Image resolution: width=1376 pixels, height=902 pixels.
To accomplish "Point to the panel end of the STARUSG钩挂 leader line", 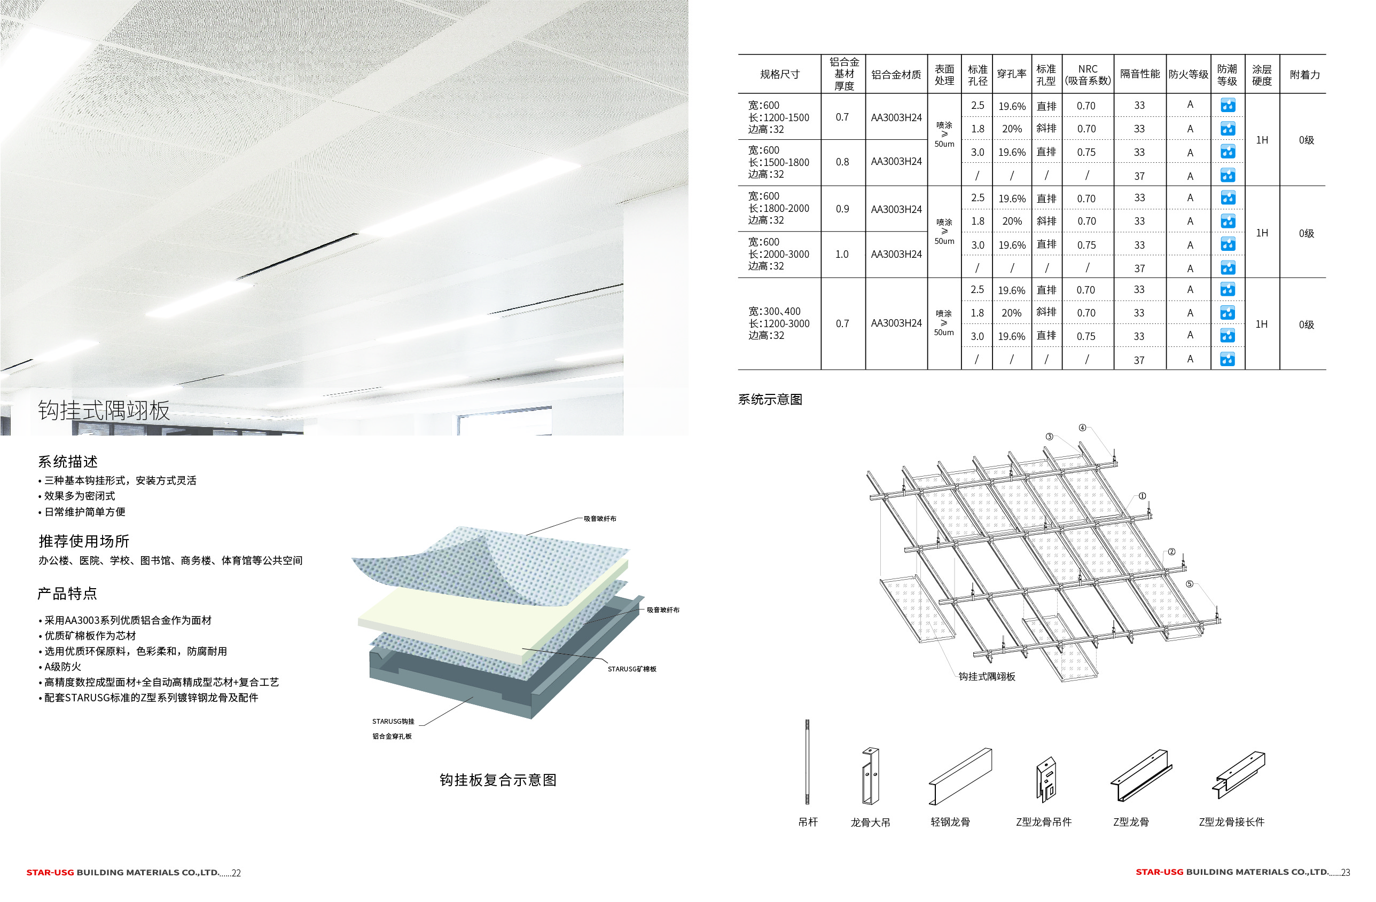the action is pos(472,698).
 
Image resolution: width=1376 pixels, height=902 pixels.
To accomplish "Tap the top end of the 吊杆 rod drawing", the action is pos(807,721).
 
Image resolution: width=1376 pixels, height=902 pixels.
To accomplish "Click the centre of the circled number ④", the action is pos(1082,428).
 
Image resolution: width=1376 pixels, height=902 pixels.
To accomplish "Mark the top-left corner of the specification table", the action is pos(738,55).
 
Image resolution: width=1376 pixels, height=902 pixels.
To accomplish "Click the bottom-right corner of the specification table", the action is pos(1326,370).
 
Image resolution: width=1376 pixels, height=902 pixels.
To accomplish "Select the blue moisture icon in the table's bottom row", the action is pos(1228,359).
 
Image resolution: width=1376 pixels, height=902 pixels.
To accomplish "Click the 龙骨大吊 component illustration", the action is pos(870,776).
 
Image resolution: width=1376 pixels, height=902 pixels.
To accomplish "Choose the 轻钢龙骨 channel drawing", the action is pos(960,776).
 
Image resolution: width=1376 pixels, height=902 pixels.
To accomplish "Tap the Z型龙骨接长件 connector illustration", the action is pos(1238,774).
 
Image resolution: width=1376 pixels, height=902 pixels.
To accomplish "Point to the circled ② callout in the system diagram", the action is pos(1171,552).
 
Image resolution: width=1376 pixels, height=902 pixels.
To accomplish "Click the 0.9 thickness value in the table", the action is pos(842,209).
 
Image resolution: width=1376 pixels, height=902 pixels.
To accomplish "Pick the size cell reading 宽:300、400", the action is pos(775,311).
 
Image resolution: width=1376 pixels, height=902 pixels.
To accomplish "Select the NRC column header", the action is pos(1088,75).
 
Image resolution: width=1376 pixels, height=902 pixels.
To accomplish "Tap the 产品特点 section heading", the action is pos(68,594).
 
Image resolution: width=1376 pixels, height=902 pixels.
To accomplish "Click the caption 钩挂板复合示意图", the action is pos(498,780).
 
